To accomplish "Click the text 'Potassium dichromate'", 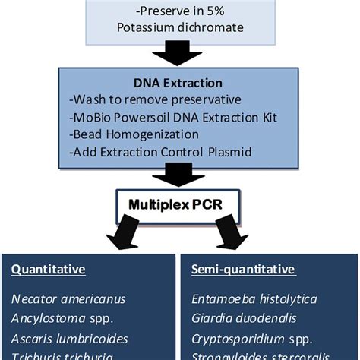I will tap(180, 29).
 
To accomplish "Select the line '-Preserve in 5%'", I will tap(180, 12).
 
